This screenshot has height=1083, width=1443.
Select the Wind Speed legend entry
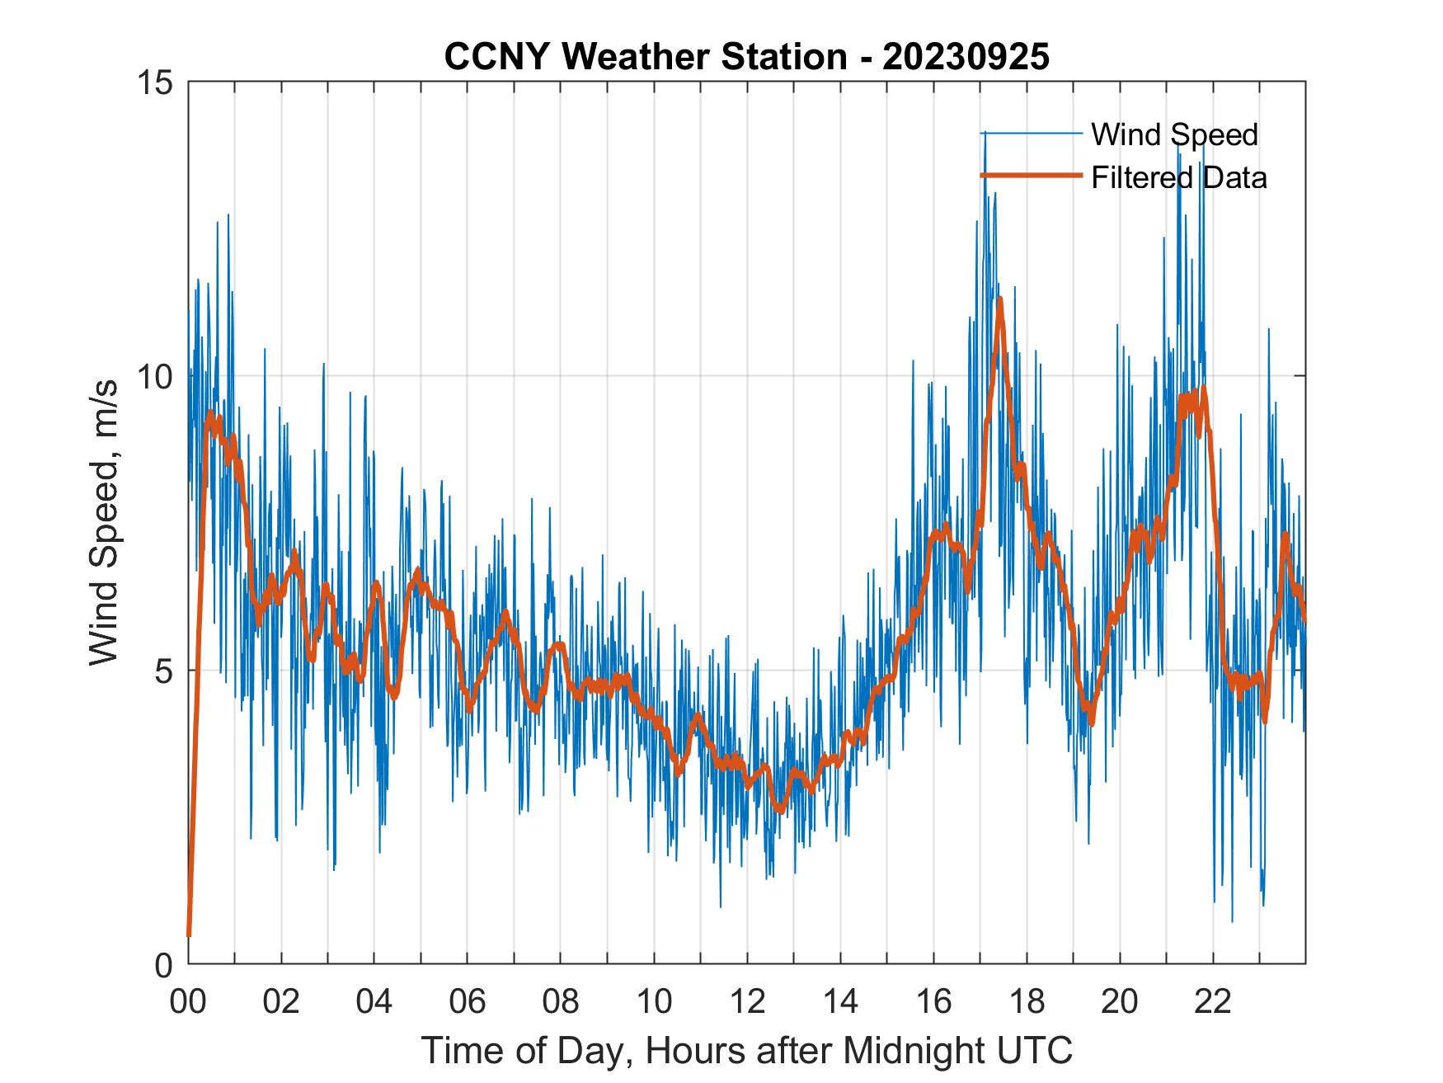(x=1174, y=134)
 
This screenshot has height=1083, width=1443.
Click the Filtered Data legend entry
(x=1178, y=177)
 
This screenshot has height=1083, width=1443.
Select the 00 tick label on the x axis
(x=188, y=1002)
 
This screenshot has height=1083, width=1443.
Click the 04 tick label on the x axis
(x=374, y=1002)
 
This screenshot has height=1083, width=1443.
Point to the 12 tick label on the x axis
(x=747, y=1002)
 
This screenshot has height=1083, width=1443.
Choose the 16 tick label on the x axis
(x=933, y=1002)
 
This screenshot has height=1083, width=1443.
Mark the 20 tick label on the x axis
(x=1120, y=1002)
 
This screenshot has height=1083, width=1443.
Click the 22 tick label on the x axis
(x=1213, y=1002)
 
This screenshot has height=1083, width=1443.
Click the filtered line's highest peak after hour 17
(x=1000, y=299)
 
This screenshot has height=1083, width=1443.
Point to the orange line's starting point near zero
(x=189, y=935)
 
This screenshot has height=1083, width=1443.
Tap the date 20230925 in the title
(x=966, y=57)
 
